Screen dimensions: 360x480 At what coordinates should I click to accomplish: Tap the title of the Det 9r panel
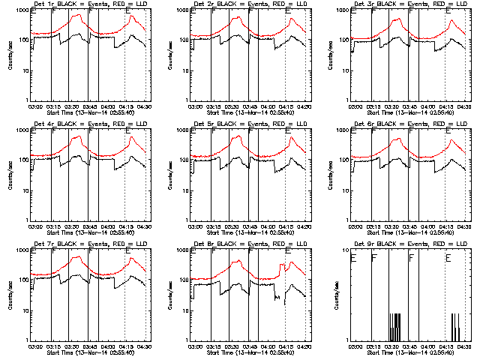(408, 245)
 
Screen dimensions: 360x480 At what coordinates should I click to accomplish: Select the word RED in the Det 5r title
(273, 125)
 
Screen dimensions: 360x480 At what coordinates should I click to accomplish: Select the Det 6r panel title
(408, 125)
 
